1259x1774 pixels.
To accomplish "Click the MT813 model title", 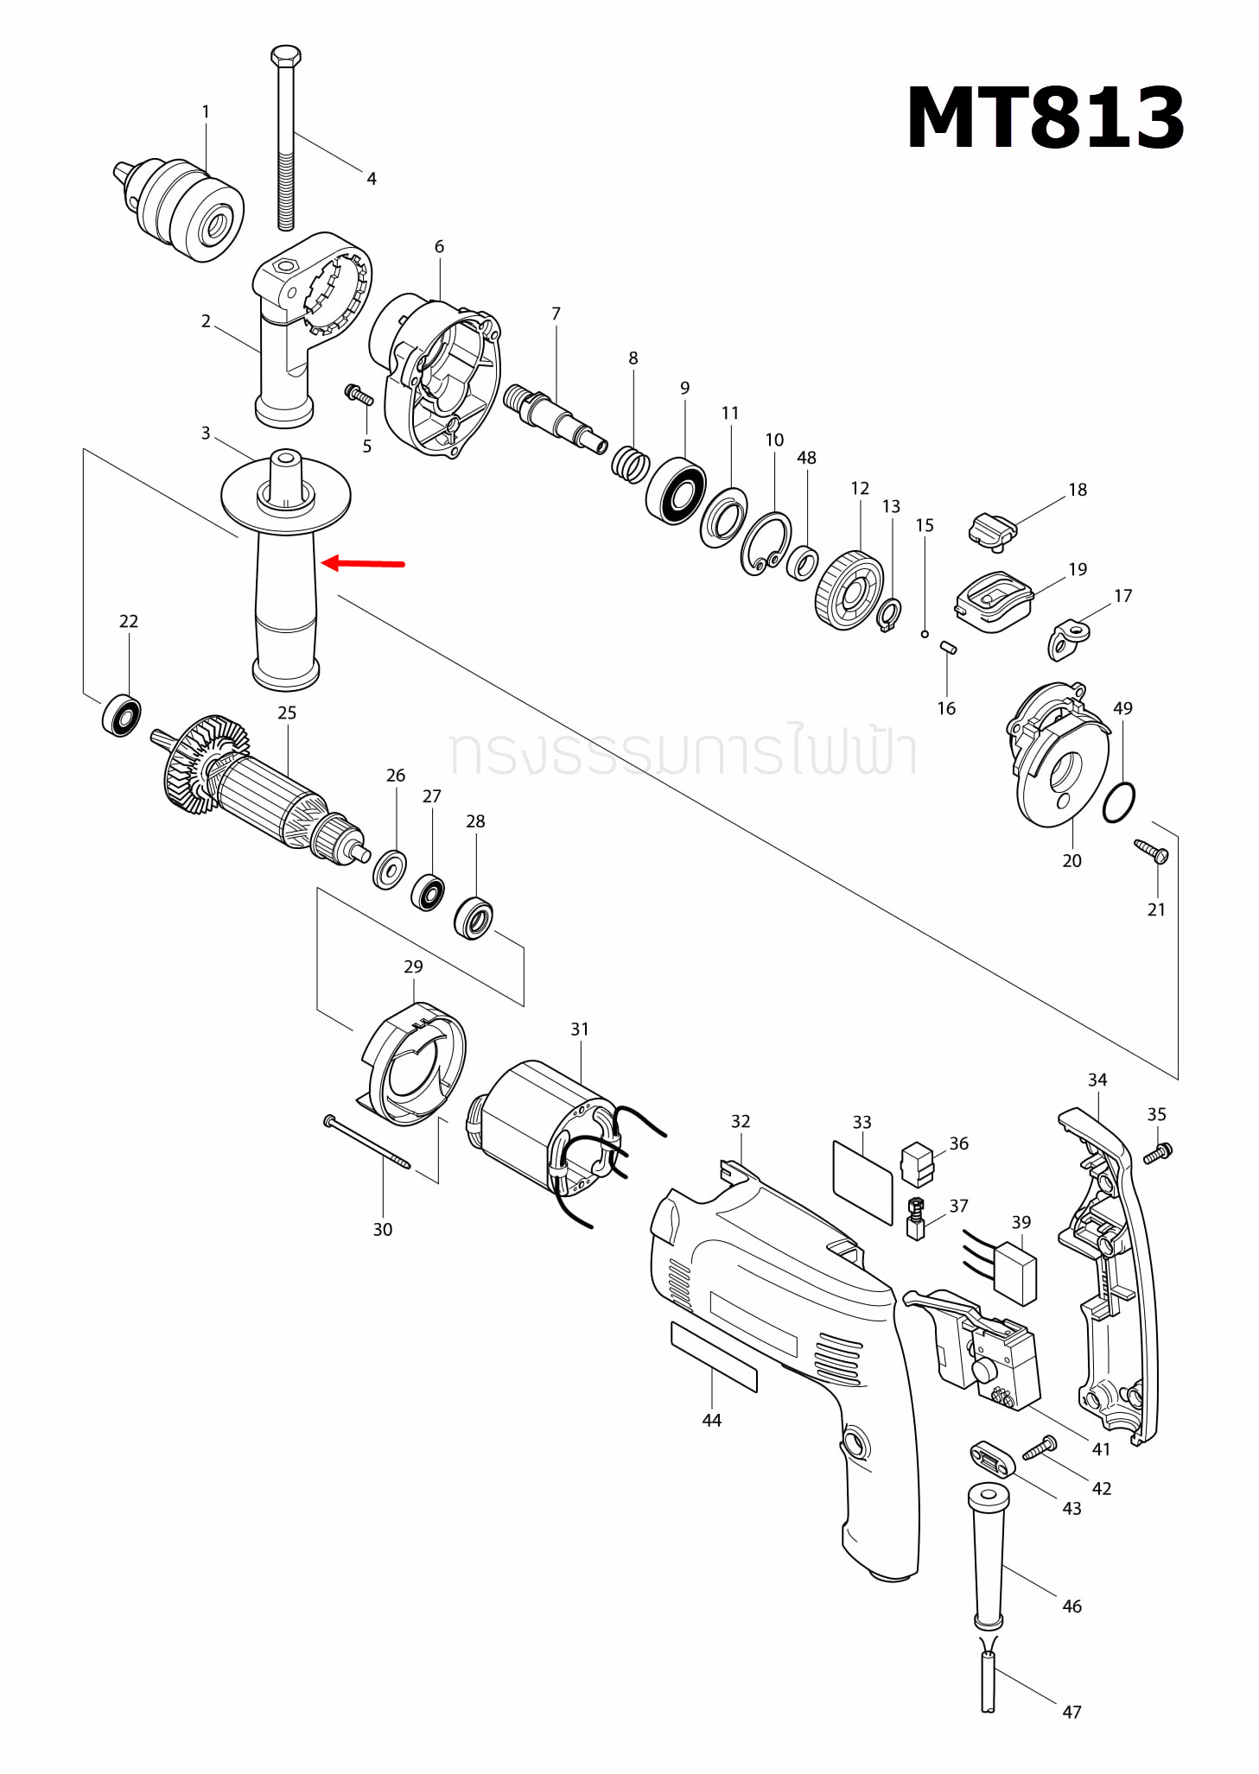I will [x=1044, y=118].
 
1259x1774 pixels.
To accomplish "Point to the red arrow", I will [x=363, y=564].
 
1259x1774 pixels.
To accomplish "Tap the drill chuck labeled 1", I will [x=181, y=207].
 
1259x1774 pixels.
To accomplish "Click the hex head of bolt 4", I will [x=286, y=57].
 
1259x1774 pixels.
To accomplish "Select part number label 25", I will [x=287, y=713].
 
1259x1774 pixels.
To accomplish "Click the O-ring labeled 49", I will [x=1119, y=802].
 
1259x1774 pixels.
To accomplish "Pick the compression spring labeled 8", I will [x=631, y=465].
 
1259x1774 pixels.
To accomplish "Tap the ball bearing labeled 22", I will [x=122, y=715].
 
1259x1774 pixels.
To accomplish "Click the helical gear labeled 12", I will [x=849, y=592].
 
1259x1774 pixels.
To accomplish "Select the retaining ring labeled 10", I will [x=766, y=543].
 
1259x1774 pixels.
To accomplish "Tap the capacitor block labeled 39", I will [x=1014, y=1272].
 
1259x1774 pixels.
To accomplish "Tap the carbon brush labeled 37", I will [x=916, y=1219].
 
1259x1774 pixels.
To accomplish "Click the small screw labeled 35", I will [x=1157, y=1152].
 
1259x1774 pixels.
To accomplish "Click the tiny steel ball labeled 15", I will [x=925, y=634].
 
